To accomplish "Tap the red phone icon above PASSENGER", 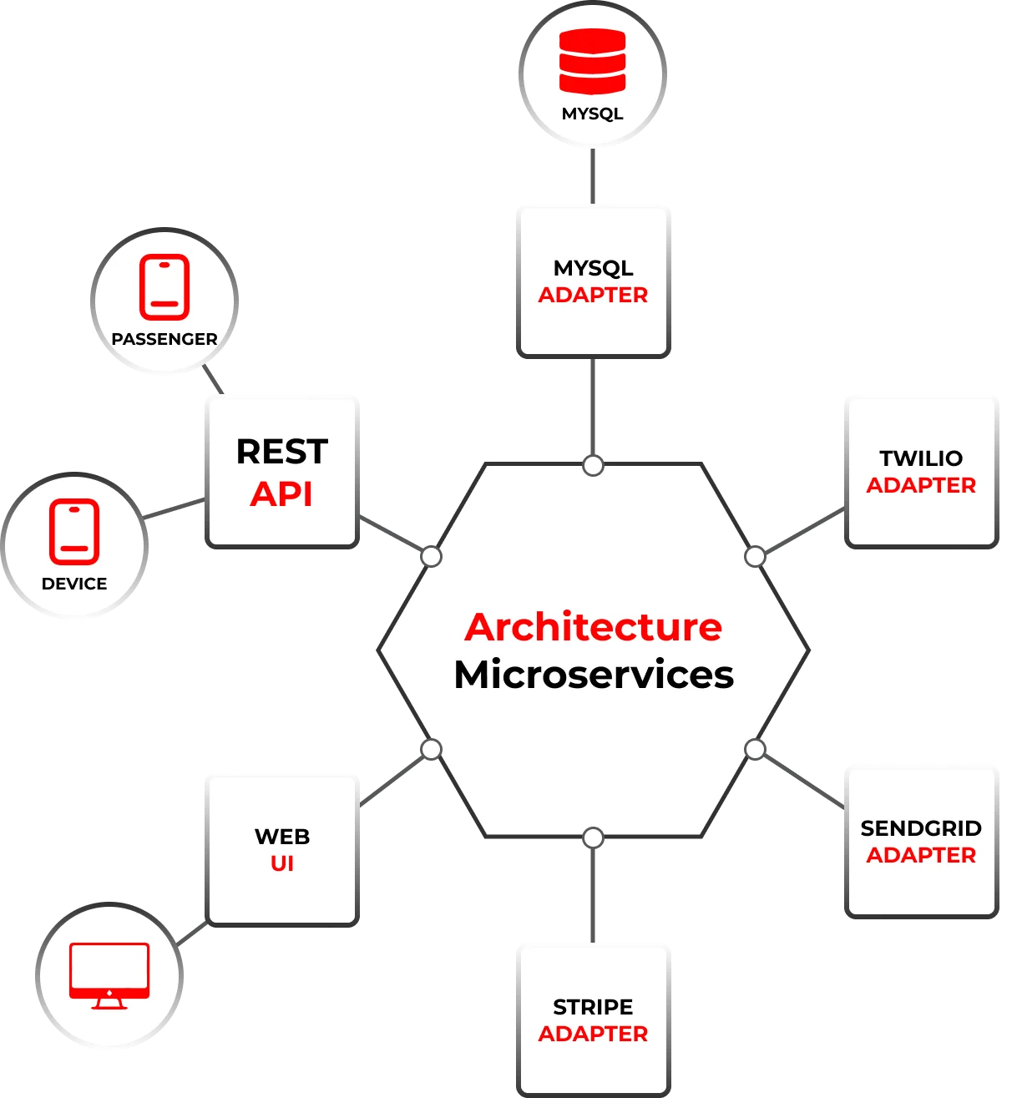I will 164,288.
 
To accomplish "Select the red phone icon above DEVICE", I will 74,532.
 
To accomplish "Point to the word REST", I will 282,452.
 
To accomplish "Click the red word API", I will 281,494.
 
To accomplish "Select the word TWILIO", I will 921,458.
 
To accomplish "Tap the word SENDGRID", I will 921,828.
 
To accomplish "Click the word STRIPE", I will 593,1007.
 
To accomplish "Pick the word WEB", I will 282,837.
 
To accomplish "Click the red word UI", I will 282,864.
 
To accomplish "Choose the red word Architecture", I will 593,627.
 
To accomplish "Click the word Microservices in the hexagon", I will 594,675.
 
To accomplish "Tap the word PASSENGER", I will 164,339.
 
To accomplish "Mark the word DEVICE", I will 74,584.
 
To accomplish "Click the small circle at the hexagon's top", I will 593,465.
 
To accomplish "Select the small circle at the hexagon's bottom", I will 593,837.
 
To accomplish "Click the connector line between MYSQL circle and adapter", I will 594,176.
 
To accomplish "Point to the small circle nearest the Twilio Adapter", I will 755,556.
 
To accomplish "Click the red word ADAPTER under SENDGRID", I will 921,856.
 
